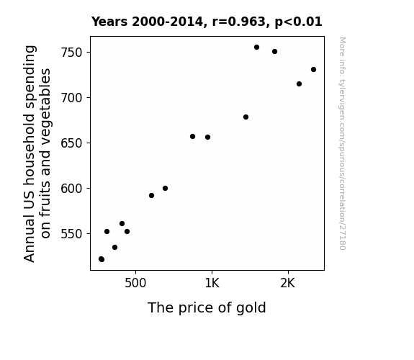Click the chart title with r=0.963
coord(207,22)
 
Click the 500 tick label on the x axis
coord(135,283)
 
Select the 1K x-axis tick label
coord(212,283)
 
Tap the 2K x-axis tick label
coord(288,283)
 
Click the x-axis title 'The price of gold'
coord(207,307)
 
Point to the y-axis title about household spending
coord(37,153)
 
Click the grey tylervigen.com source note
coord(342,143)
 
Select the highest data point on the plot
coord(256,48)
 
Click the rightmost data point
coord(313,69)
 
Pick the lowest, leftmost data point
coord(102,259)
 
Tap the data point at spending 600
coord(166,189)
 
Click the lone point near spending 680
coord(246,117)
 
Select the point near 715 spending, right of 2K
coord(299,84)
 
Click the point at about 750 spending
coord(275,52)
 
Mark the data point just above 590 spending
coord(151,195)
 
